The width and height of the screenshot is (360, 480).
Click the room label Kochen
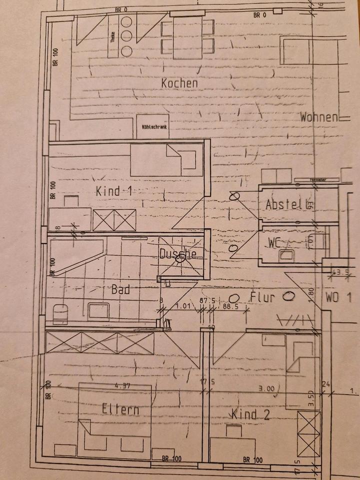(179, 83)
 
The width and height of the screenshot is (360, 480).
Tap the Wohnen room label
(318, 118)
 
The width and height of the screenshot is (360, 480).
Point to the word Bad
(120, 289)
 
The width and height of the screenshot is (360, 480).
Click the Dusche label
(177, 254)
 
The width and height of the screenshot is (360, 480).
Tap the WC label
(273, 243)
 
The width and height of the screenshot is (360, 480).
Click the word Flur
(262, 298)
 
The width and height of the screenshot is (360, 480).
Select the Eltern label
(120, 409)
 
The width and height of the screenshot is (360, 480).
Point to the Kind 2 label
(243, 414)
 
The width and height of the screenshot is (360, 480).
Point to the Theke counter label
(112, 38)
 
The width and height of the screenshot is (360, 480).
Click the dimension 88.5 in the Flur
(230, 307)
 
